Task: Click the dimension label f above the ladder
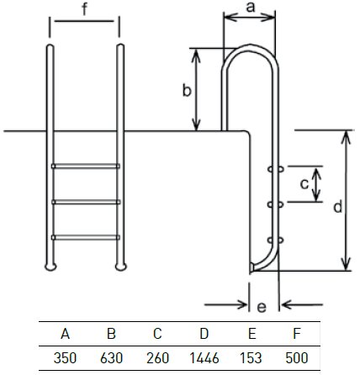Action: point(85,9)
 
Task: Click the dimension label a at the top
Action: point(251,8)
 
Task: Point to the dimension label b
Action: point(187,90)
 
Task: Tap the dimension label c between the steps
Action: point(304,184)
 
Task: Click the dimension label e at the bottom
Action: point(262,307)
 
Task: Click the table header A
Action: point(65,334)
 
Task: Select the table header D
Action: point(204,334)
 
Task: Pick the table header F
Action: point(297,334)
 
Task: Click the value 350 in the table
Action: point(65,358)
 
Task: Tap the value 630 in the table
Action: point(111,358)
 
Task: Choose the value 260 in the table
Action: point(157,358)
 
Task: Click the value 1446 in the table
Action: point(204,358)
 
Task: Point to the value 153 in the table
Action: point(251,358)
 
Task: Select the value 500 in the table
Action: point(297,358)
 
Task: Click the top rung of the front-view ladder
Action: point(86,166)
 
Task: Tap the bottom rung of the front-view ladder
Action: point(86,238)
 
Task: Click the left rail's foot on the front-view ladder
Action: point(50,267)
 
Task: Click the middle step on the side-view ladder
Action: point(276,205)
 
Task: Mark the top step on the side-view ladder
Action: point(276,169)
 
